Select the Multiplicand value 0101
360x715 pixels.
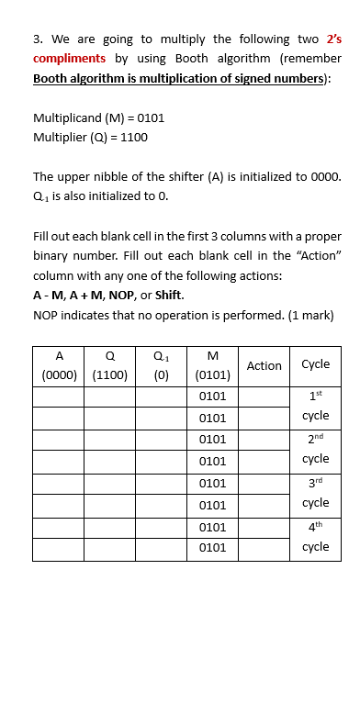pos(150,118)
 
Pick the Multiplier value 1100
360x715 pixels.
pos(132,138)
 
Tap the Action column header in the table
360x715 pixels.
pos(264,365)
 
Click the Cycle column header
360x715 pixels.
pos(315,364)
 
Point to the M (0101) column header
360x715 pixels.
pos(213,365)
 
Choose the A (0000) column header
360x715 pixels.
pos(59,365)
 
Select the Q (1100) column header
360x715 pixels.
pos(110,365)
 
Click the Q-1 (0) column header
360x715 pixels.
pos(162,365)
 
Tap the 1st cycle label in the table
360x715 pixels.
pos(315,406)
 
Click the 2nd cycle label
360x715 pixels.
pos(315,449)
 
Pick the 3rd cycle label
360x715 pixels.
pos(315,493)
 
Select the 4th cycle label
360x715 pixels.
pos(315,537)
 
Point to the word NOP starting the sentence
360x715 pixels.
pos(45,315)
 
